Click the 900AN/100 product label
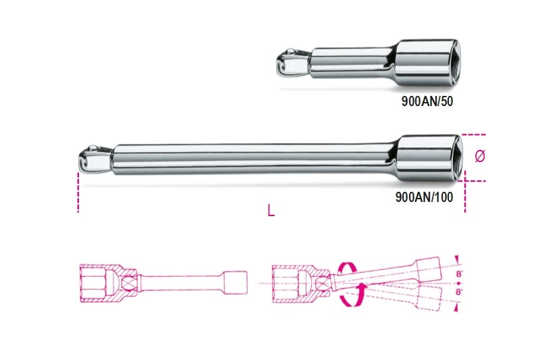[424, 197]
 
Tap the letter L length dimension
[271, 211]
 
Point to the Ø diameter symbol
[480, 156]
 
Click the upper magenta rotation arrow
[349, 269]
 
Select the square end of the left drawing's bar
[233, 279]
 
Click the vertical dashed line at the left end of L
[78, 192]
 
